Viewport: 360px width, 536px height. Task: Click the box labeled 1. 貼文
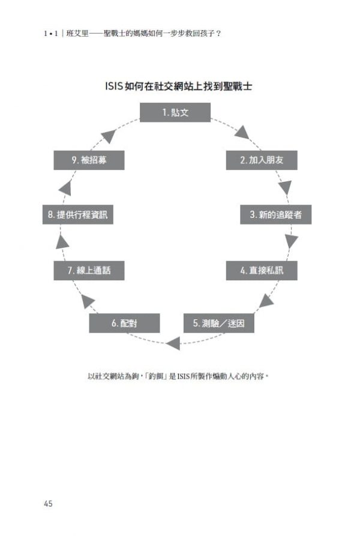pyautogui.click(x=175, y=112)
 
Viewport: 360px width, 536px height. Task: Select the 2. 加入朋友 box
pyautogui.click(x=262, y=160)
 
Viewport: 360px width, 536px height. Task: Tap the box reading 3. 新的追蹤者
pyautogui.click(x=275, y=215)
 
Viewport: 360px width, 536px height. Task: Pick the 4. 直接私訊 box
pyautogui.click(x=262, y=271)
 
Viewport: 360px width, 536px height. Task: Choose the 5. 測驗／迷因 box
pyautogui.click(x=219, y=323)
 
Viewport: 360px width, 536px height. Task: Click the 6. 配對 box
pyautogui.click(x=124, y=323)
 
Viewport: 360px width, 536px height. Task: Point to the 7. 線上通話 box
pyautogui.click(x=89, y=271)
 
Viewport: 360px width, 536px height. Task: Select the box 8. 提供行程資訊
pyautogui.click(x=78, y=215)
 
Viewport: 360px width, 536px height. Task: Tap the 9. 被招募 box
pyautogui.click(x=89, y=160)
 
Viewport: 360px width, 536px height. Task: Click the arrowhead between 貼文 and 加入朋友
pyautogui.click(x=242, y=133)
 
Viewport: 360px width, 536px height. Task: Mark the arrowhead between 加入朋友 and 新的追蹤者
pyautogui.click(x=285, y=187)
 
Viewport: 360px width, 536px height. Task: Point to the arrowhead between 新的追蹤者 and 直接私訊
pyautogui.click(x=292, y=241)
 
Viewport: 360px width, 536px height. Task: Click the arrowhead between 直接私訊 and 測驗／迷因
pyautogui.click(x=266, y=301)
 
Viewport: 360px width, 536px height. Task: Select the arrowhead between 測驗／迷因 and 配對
pyautogui.click(x=173, y=343)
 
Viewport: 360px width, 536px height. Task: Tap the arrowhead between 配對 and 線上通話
pyautogui.click(x=88, y=301)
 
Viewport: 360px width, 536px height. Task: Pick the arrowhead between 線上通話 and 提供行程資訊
pyautogui.click(x=62, y=242)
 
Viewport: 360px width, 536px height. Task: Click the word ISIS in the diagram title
pyautogui.click(x=114, y=86)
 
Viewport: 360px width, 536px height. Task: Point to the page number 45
pyautogui.click(x=48, y=504)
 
